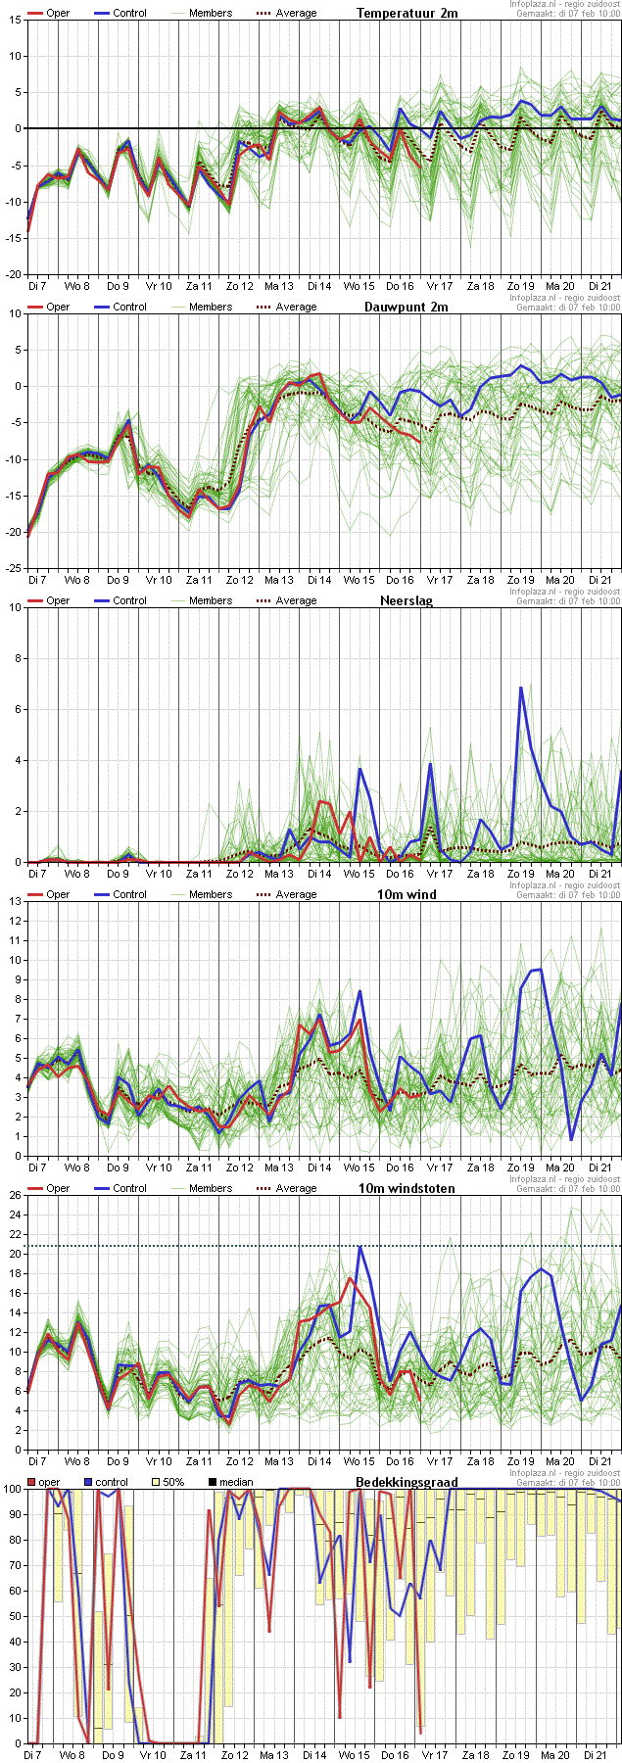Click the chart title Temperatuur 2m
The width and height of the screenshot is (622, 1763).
click(407, 13)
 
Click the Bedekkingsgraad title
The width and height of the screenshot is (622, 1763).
click(407, 1482)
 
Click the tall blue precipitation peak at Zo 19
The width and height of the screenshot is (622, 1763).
click(521, 689)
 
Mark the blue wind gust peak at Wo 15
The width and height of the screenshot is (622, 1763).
click(360, 1247)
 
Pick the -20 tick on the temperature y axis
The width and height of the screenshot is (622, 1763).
click(13, 274)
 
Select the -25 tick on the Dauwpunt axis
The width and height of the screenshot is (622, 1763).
click(13, 568)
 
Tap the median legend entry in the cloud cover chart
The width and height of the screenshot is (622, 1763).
click(235, 1482)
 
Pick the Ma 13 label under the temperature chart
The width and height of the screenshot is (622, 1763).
click(279, 286)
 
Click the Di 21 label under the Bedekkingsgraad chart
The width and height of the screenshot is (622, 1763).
click(598, 1755)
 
